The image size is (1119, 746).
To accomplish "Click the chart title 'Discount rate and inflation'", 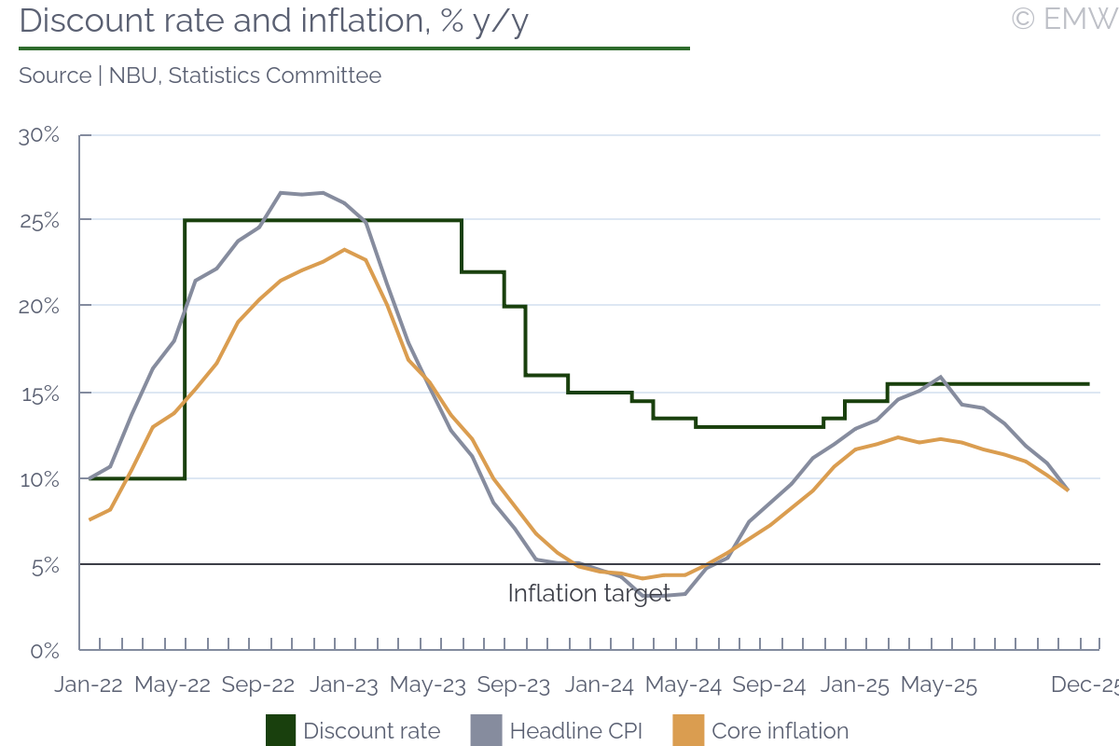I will (274, 21).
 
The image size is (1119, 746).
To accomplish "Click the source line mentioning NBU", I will (200, 76).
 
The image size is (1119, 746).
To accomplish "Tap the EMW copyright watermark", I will (1064, 19).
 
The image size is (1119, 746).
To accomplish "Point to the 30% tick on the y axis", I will (39, 135).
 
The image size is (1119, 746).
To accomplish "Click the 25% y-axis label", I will (39, 221).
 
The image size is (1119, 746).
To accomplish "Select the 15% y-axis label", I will (39, 394).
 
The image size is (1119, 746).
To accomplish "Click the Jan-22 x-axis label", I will (89, 685).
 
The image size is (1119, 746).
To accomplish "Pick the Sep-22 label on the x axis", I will (258, 685).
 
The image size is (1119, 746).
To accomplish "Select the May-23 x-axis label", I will (428, 685).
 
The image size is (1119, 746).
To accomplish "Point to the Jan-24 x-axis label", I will (600, 685).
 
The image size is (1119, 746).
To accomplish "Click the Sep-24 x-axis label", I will (768, 685).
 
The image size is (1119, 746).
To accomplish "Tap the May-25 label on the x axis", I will (939, 685).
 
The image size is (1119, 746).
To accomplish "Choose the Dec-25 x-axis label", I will (1084, 685).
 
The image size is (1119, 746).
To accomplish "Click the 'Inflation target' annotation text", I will (588, 593).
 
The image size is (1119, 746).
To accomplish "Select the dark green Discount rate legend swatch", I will (281, 730).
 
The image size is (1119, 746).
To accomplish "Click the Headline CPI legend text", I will (575, 731).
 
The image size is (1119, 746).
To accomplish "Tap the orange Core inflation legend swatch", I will (687, 730).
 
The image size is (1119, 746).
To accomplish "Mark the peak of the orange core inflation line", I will (345, 250).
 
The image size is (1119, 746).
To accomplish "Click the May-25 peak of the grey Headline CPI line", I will (941, 377).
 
